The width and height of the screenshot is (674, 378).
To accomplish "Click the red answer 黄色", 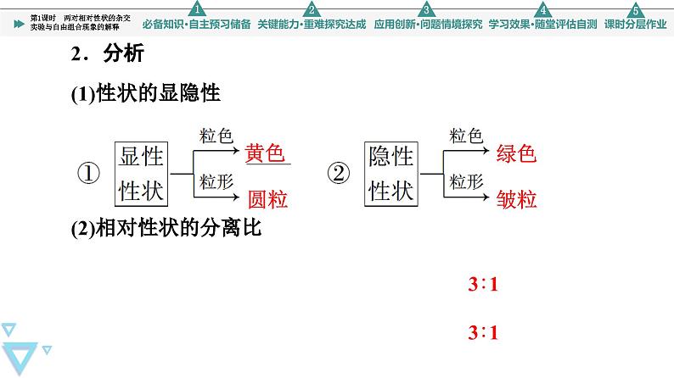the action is pyautogui.click(x=264, y=153).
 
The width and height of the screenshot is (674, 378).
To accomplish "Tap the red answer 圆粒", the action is pyautogui.click(x=267, y=200).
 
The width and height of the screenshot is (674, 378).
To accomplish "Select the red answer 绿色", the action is pyautogui.click(x=516, y=153).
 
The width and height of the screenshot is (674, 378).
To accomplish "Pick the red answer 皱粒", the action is pyautogui.click(x=516, y=200).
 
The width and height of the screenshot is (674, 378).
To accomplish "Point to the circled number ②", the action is pyautogui.click(x=339, y=174).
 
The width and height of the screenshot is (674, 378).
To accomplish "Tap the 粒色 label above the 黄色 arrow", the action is pyautogui.click(x=216, y=136).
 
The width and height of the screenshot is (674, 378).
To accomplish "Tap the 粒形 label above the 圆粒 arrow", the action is pyautogui.click(x=216, y=181).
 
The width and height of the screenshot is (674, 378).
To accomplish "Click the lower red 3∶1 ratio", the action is pyautogui.click(x=482, y=333).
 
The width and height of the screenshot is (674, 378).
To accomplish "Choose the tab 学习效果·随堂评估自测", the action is pyautogui.click(x=542, y=24).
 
